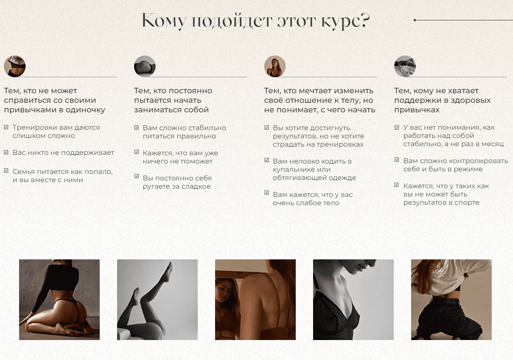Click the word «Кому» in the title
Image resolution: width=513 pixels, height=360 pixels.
point(163,21)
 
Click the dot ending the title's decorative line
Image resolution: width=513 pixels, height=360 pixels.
point(415,20)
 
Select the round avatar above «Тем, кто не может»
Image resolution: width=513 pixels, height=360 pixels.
point(15,66)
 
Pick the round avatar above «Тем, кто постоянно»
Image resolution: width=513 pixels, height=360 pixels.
point(144,66)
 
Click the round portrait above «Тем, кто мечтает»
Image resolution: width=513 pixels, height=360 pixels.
point(275,66)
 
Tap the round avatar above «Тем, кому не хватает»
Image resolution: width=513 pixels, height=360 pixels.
point(405,66)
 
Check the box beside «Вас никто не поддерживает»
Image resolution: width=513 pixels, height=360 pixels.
point(6,152)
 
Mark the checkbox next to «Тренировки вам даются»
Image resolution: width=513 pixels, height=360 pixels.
point(6,127)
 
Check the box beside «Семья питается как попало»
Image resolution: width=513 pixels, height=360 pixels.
point(6,170)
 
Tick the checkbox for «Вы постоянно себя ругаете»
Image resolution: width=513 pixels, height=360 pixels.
point(137,177)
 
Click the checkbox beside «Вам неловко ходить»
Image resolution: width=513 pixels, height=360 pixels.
point(267,160)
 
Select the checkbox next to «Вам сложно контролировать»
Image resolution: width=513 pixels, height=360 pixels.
point(397,160)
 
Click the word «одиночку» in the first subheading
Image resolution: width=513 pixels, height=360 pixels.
point(85,110)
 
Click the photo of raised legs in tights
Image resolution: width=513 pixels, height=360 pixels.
point(157,300)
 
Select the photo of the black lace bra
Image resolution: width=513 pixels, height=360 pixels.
point(353,300)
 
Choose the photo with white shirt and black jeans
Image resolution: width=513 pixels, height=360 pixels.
point(451,300)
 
